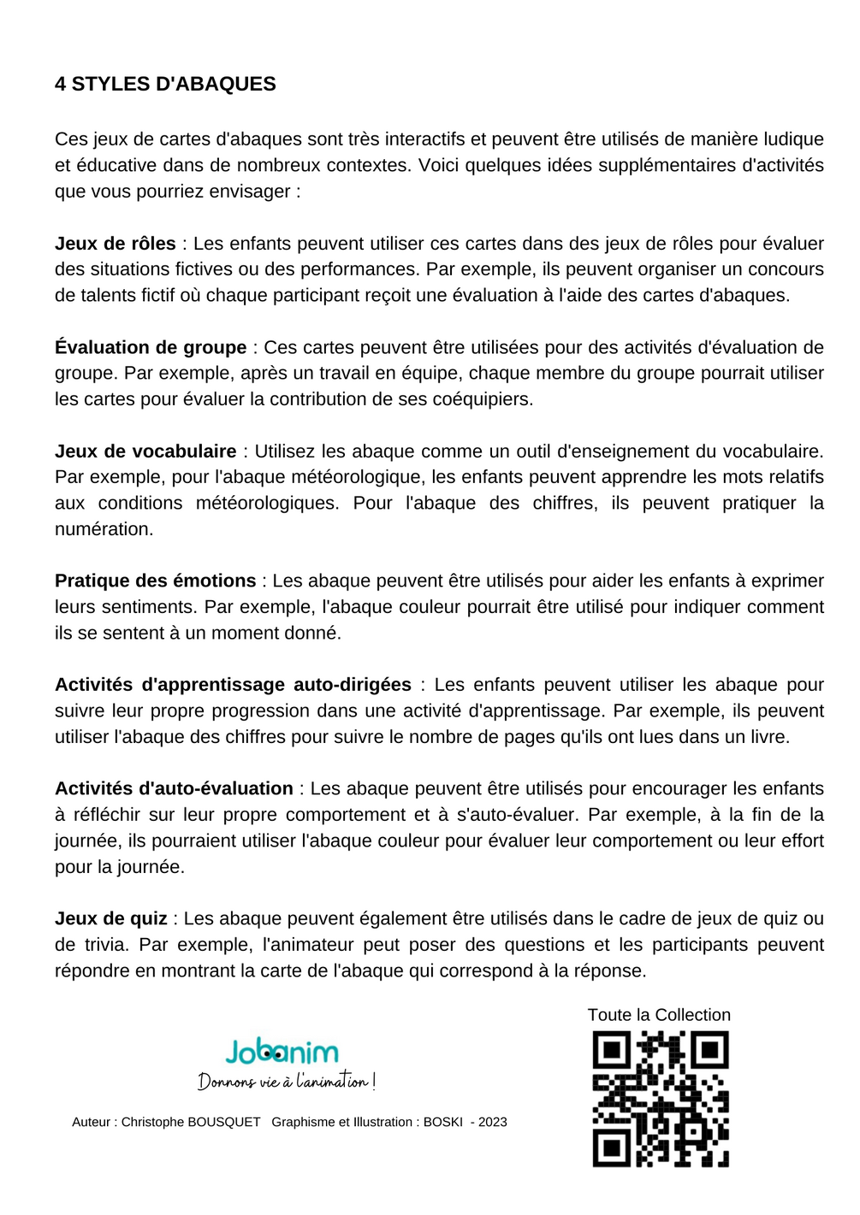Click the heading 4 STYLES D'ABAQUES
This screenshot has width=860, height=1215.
165,84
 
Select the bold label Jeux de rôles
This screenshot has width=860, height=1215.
116,244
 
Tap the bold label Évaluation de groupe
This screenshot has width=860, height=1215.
151,347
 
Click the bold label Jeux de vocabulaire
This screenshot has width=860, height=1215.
145,451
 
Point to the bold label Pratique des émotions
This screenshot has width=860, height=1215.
155,581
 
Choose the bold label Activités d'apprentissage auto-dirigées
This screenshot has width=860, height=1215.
233,685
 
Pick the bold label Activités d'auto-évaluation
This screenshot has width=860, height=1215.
174,789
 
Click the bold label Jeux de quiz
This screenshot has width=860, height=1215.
111,919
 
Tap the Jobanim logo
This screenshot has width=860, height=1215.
282,1051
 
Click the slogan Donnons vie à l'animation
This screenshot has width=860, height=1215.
287,1082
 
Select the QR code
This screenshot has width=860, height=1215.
660,1099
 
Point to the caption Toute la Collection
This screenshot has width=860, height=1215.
659,1015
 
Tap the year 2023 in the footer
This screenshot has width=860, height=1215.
493,1122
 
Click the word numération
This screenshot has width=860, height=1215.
104,529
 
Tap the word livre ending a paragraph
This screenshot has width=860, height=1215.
768,737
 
